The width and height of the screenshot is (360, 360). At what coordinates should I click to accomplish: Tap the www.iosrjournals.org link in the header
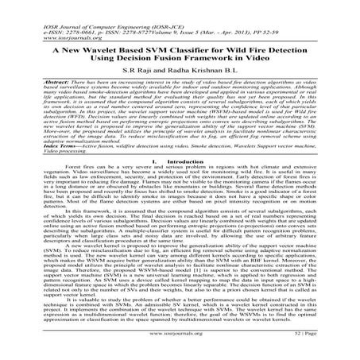pos(53,19)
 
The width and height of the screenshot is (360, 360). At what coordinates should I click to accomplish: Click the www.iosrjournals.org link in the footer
pos(180,347)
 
